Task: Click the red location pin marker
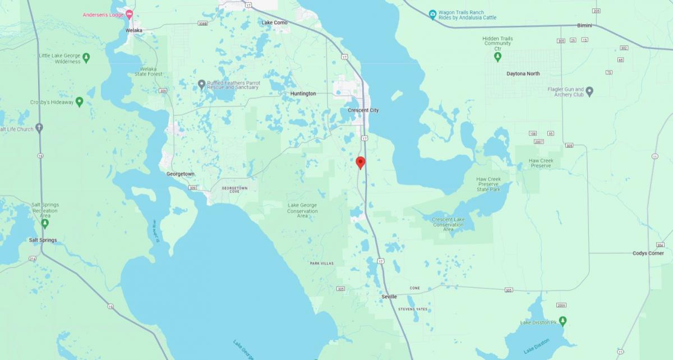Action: tap(361, 163)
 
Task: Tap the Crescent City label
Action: tap(363, 110)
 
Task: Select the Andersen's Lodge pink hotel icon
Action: tap(130, 14)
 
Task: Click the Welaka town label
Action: tap(134, 30)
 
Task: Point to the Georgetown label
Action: tap(181, 174)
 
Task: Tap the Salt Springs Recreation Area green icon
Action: tap(45, 223)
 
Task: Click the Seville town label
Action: tap(389, 297)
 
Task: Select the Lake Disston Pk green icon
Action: tap(563, 320)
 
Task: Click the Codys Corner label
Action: tap(648, 253)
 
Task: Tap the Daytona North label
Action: tap(523, 74)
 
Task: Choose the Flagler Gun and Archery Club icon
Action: tap(589, 91)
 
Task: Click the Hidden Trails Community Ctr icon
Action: tap(497, 56)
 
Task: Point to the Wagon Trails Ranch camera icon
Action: tap(432, 15)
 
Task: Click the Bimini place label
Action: tap(585, 26)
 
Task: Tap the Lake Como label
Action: tap(275, 22)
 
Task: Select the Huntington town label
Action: tap(303, 94)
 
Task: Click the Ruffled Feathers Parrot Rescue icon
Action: tap(202, 85)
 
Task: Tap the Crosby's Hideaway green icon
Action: tap(79, 102)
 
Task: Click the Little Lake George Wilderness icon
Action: tap(86, 58)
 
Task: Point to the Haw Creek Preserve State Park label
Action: tap(488, 184)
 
